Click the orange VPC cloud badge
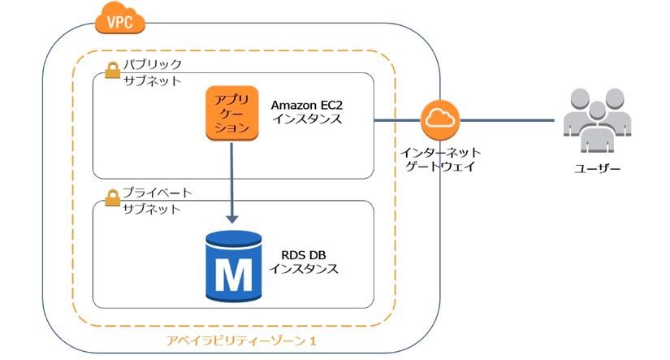(119, 19)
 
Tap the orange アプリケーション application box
(231, 112)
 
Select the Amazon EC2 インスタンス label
(307, 112)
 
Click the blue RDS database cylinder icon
(234, 265)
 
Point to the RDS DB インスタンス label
(304, 262)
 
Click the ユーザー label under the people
(598, 168)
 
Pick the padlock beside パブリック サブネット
(112, 71)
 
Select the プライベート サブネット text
(157, 201)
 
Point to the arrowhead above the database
(232, 217)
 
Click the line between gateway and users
(508, 120)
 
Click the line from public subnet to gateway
(397, 120)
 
